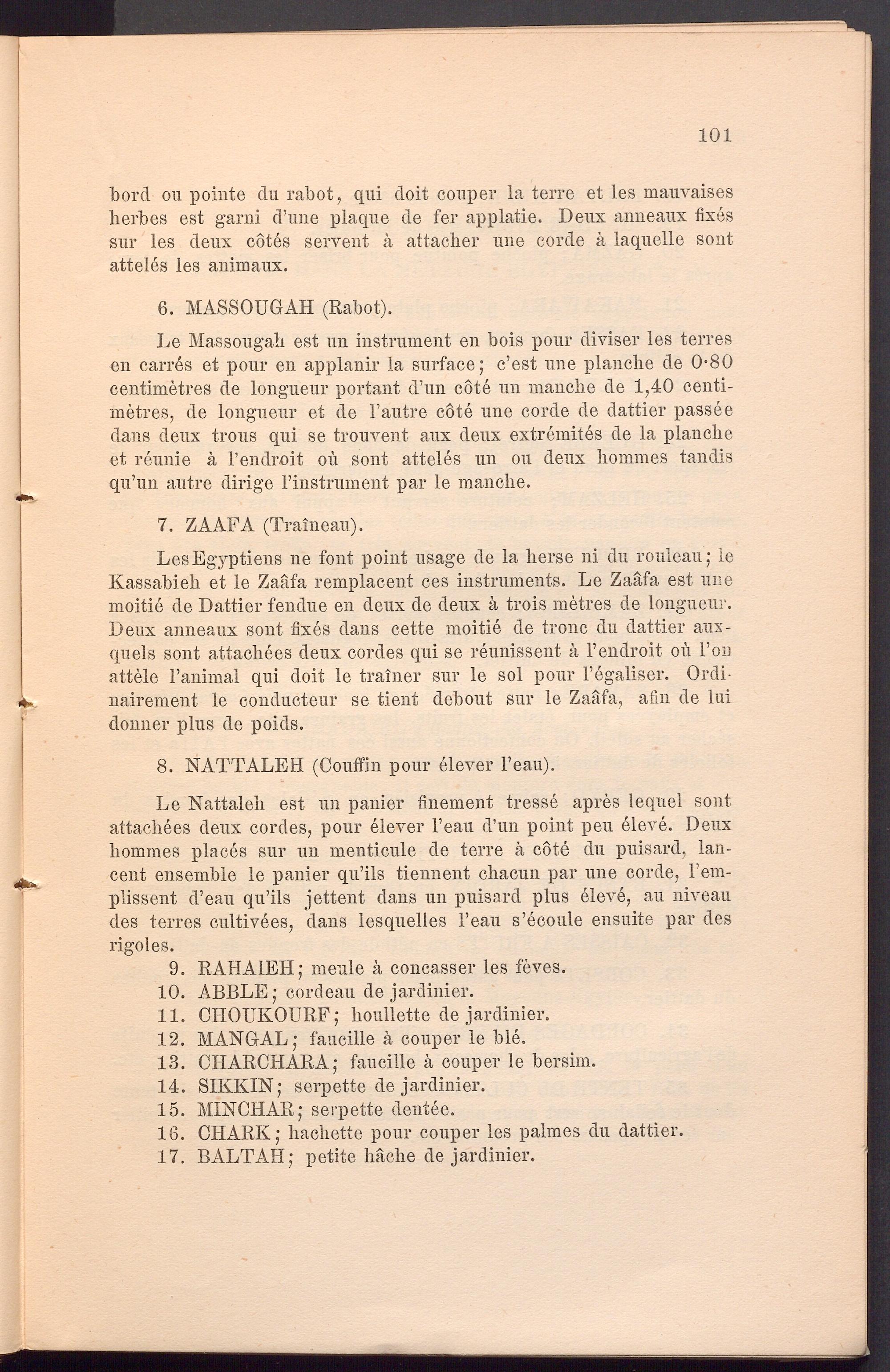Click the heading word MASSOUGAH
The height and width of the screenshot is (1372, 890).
tap(250, 308)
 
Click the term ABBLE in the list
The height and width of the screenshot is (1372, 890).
tap(234, 992)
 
